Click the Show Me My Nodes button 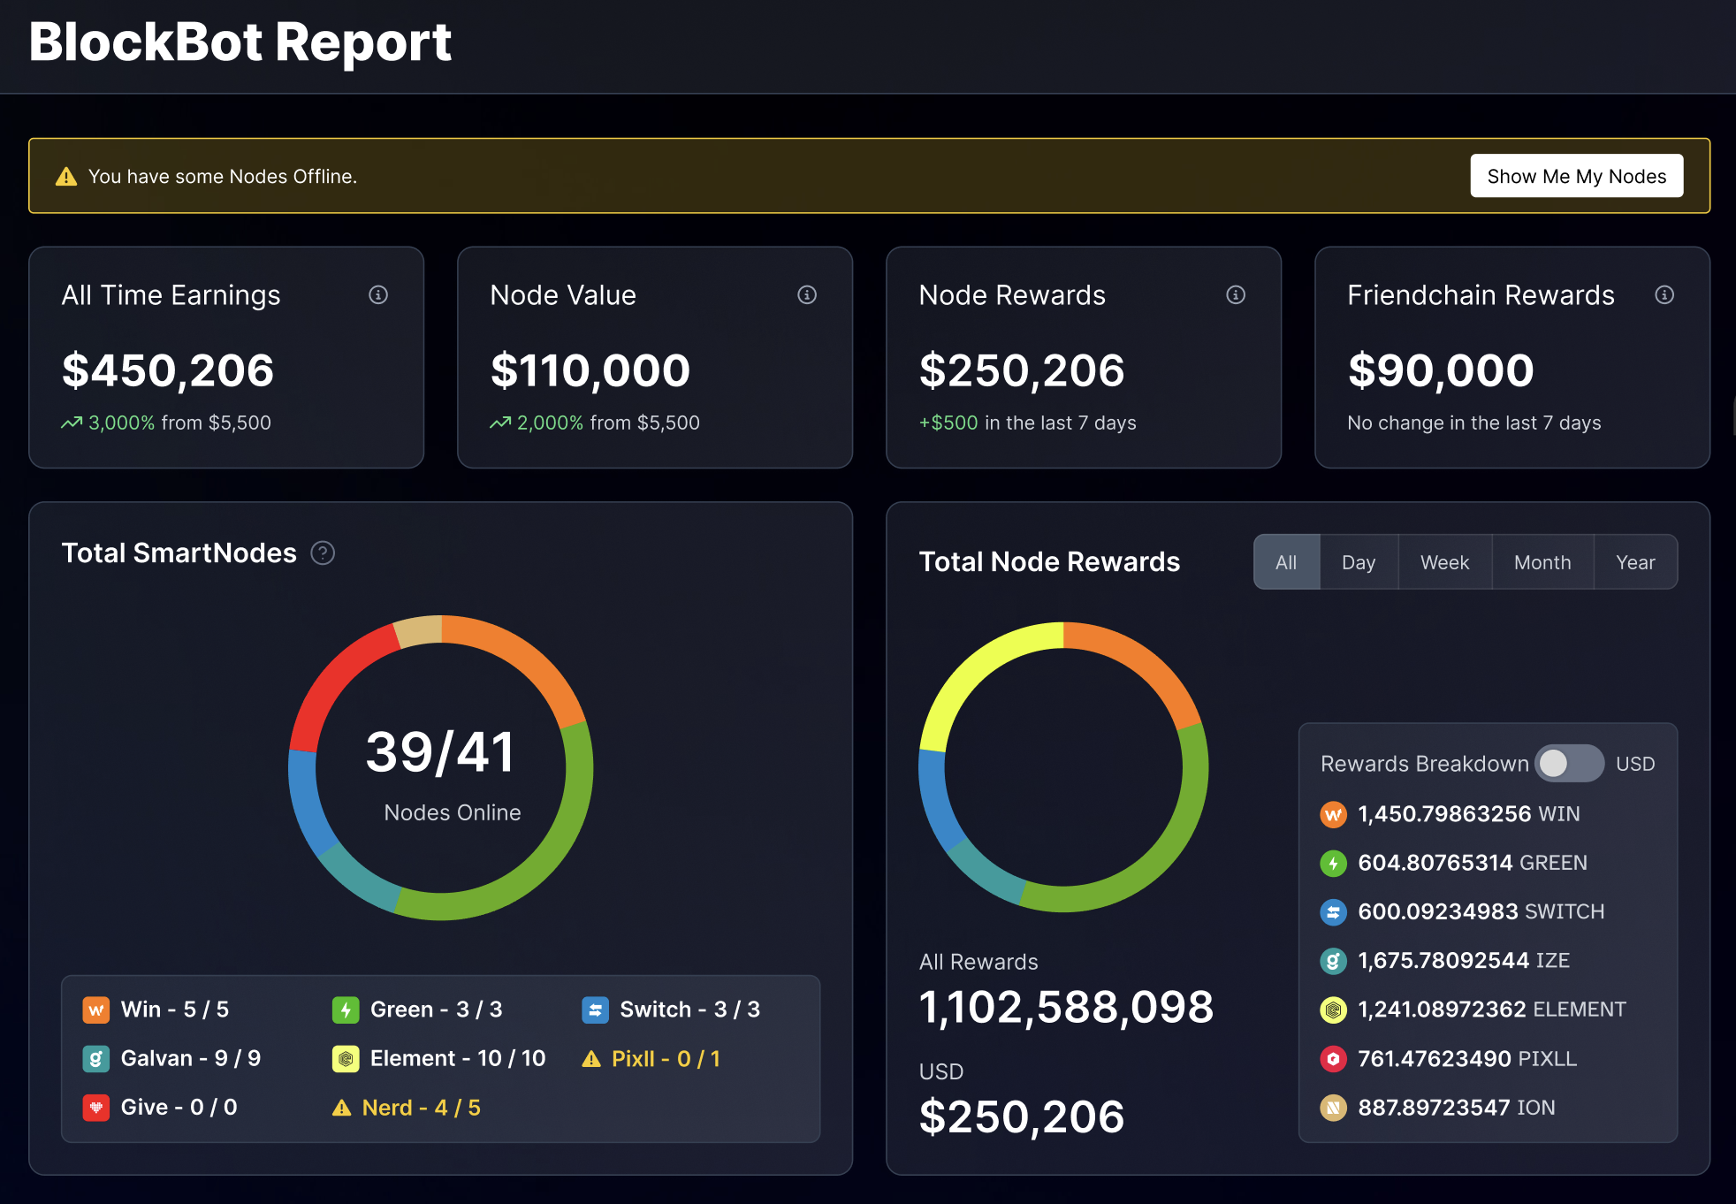[x=1576, y=176]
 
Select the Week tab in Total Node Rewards [x=1444, y=562]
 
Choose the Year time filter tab [x=1634, y=562]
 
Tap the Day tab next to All [x=1358, y=562]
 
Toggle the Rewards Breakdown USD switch [x=1569, y=763]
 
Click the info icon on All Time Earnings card [x=378, y=294]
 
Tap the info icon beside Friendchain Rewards [x=1664, y=294]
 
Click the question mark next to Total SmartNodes [x=323, y=553]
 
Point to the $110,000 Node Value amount [x=590, y=370]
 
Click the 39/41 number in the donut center [x=440, y=752]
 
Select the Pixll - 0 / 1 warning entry [x=652, y=1058]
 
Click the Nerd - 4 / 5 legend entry [x=407, y=1108]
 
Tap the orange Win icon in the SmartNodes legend [x=95, y=1010]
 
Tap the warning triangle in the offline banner [x=66, y=177]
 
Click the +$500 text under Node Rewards [x=948, y=423]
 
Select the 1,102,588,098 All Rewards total [x=1066, y=1007]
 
